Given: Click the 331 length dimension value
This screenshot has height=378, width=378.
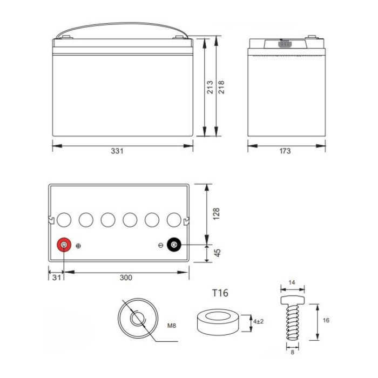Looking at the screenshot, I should pos(117,151).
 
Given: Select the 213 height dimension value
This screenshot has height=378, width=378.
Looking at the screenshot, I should pos(210,87).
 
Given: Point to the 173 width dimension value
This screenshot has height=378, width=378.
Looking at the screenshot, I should pos(285,151).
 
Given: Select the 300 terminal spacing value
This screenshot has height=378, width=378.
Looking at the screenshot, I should pos(126,278).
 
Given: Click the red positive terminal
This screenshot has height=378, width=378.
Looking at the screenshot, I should pos(64,246).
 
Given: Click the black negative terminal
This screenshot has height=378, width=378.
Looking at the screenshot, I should pos(174,246).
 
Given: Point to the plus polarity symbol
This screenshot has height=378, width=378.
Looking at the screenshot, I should pos(79,246).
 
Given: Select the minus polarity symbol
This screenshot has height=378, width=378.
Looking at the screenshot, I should pos(161,246).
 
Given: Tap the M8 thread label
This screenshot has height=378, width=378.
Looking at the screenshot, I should pos(172,326).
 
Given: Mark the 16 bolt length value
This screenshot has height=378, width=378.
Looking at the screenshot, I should pos(326,320).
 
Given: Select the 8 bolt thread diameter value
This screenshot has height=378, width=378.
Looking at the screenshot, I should pos(292,352).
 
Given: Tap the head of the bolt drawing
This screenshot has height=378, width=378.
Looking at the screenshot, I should pos(293,299).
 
